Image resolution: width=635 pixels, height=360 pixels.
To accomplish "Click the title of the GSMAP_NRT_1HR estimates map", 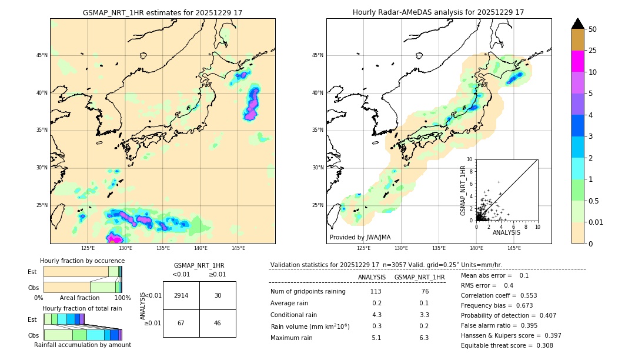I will [x=162, y=12].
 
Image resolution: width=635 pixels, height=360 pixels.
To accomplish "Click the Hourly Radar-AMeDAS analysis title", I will [x=438, y=12].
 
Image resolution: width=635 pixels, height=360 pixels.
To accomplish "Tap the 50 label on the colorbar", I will [x=593, y=29].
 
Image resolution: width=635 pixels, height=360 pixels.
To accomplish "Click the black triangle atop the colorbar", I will [x=578, y=24].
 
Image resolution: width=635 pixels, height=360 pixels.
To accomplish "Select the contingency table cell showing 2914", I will [x=181, y=295].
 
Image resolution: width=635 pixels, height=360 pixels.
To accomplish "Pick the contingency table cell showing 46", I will [x=218, y=323].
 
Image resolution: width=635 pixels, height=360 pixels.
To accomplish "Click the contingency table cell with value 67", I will [x=181, y=323].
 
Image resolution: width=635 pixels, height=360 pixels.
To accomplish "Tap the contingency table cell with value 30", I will [x=218, y=295].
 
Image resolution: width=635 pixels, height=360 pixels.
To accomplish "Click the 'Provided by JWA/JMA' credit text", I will [x=360, y=237].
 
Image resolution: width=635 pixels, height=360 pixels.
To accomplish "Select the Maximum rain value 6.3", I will [x=423, y=338].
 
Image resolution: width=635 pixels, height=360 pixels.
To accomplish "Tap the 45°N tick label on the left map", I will [x=42, y=55].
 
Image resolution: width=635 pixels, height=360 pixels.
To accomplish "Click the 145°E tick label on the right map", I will [x=514, y=248].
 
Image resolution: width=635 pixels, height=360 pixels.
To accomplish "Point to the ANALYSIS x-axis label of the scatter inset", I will [x=506, y=232].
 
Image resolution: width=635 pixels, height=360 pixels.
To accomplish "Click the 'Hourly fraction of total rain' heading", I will [x=82, y=308].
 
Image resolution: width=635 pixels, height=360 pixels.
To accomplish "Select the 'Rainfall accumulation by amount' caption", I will [x=82, y=345].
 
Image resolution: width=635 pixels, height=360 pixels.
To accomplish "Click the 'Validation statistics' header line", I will [x=386, y=265].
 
